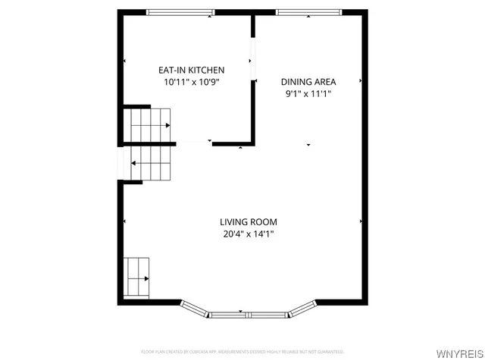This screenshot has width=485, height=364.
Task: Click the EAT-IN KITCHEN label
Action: coord(191,70)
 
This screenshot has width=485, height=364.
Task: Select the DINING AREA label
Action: coord(308,82)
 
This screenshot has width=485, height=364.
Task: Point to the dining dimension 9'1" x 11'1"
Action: coord(308,94)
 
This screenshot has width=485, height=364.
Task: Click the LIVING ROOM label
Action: coord(249,222)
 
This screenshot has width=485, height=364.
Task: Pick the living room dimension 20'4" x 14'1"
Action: coord(249,234)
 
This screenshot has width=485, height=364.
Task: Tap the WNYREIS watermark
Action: coord(459,354)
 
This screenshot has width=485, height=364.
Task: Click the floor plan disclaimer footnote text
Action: coord(242,352)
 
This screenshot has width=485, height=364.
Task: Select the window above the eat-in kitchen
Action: coord(180,12)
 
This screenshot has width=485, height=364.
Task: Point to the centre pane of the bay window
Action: coord(248,314)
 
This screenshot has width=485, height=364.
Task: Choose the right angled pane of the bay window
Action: coord(302,308)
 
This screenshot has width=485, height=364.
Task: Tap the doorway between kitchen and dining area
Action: coord(253,61)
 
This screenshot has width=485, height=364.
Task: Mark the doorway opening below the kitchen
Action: coord(194,143)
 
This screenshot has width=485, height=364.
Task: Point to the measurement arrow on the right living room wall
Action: coord(361,221)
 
